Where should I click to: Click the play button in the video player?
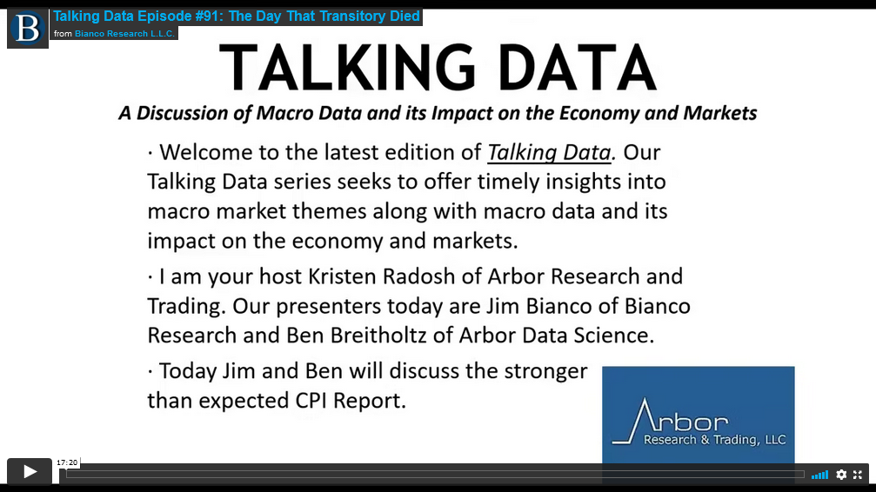pos(30,471)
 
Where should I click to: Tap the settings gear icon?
pos(841,475)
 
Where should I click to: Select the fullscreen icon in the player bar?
pos(858,475)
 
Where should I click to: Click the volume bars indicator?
pos(819,475)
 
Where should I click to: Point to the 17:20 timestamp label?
pos(67,462)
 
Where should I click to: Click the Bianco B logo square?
pos(28,29)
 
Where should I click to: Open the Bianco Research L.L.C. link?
pos(125,34)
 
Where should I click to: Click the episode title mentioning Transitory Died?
pos(237,17)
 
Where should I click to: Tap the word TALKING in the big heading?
pos(347,68)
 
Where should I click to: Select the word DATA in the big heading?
pos(577,68)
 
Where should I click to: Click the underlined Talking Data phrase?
pos(549,152)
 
